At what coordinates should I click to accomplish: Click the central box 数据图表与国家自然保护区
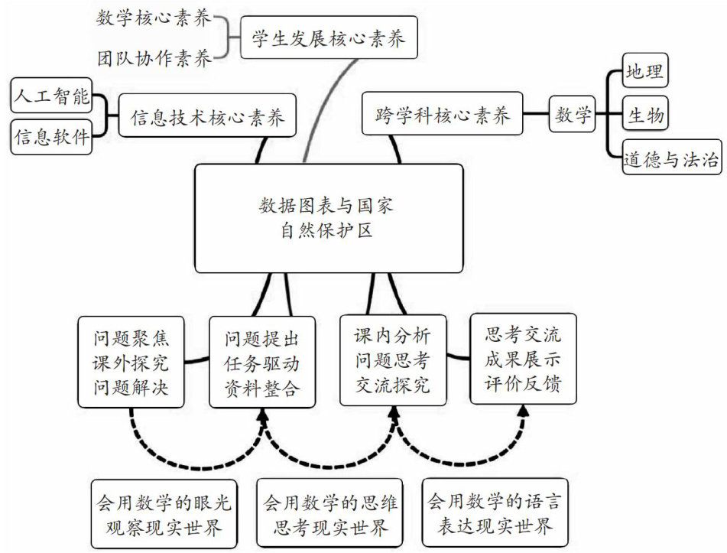pyautogui.click(x=329, y=218)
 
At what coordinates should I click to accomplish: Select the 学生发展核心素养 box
pyautogui.click(x=329, y=36)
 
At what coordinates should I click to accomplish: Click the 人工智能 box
pyautogui.click(x=51, y=97)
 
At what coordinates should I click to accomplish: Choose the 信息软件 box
pyautogui.click(x=51, y=138)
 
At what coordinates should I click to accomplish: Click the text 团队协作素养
pyautogui.click(x=153, y=57)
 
